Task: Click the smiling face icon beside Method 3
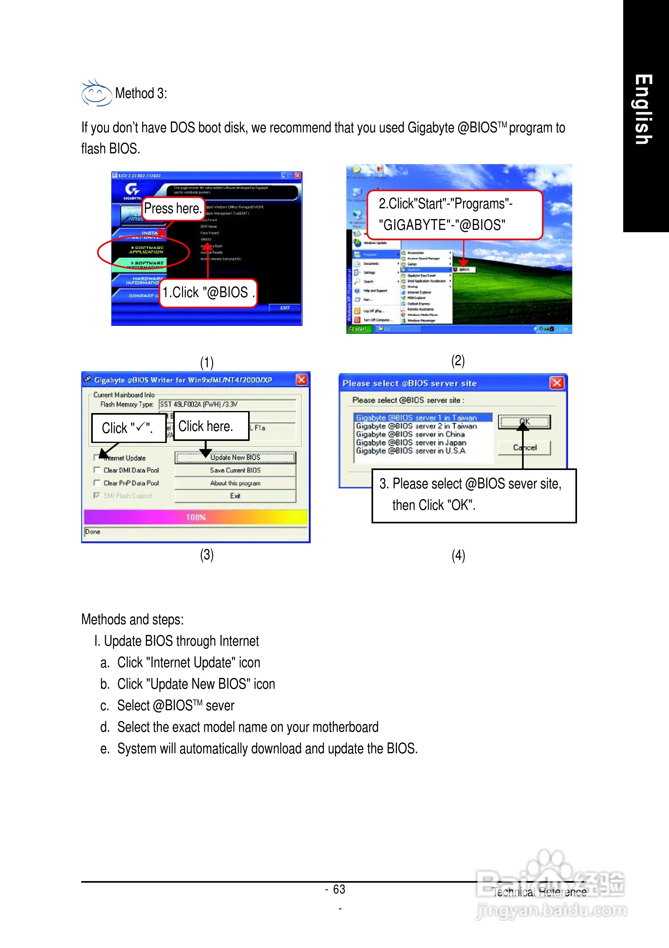pos(96,93)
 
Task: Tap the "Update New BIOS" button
pos(235,458)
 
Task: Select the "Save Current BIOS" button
pos(235,470)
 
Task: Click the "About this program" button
pos(235,483)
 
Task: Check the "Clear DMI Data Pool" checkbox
pos(97,470)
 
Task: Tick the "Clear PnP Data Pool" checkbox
pos(97,482)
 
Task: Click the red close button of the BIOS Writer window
pos(302,380)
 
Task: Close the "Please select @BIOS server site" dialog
pos(557,383)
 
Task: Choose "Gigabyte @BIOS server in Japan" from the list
pos(411,443)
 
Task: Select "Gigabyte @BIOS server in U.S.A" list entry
pos(411,451)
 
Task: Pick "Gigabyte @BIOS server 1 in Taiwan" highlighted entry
pos(417,418)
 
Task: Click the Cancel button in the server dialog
pos(524,448)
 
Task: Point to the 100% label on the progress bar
pos(196,517)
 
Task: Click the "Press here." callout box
pos(173,208)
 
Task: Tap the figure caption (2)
pos(458,360)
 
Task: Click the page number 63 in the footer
pos(339,889)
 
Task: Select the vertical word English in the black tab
pos(644,110)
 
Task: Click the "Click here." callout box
pos(211,426)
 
